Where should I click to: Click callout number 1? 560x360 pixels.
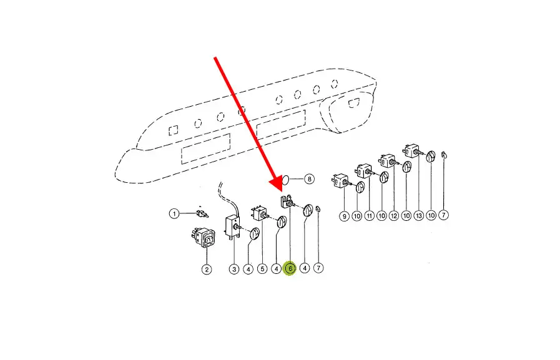point(174,214)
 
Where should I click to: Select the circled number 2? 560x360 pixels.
point(207,270)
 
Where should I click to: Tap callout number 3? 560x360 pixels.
point(234,269)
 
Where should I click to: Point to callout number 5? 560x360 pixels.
point(262,268)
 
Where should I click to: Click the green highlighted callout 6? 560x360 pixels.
point(290,268)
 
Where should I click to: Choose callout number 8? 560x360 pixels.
point(309,178)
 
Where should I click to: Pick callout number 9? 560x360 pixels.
point(344,216)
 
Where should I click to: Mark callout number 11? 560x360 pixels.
point(370,215)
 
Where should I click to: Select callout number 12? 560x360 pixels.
point(394,215)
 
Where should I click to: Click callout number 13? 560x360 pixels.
point(418,215)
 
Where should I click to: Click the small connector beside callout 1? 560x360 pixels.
point(202,214)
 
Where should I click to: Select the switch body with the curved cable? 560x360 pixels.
point(232,227)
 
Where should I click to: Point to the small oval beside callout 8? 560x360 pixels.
point(285,180)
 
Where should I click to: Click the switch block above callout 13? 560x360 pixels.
point(412,150)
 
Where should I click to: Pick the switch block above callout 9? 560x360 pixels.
point(340,180)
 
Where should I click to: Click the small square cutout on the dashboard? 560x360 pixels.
point(174,130)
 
